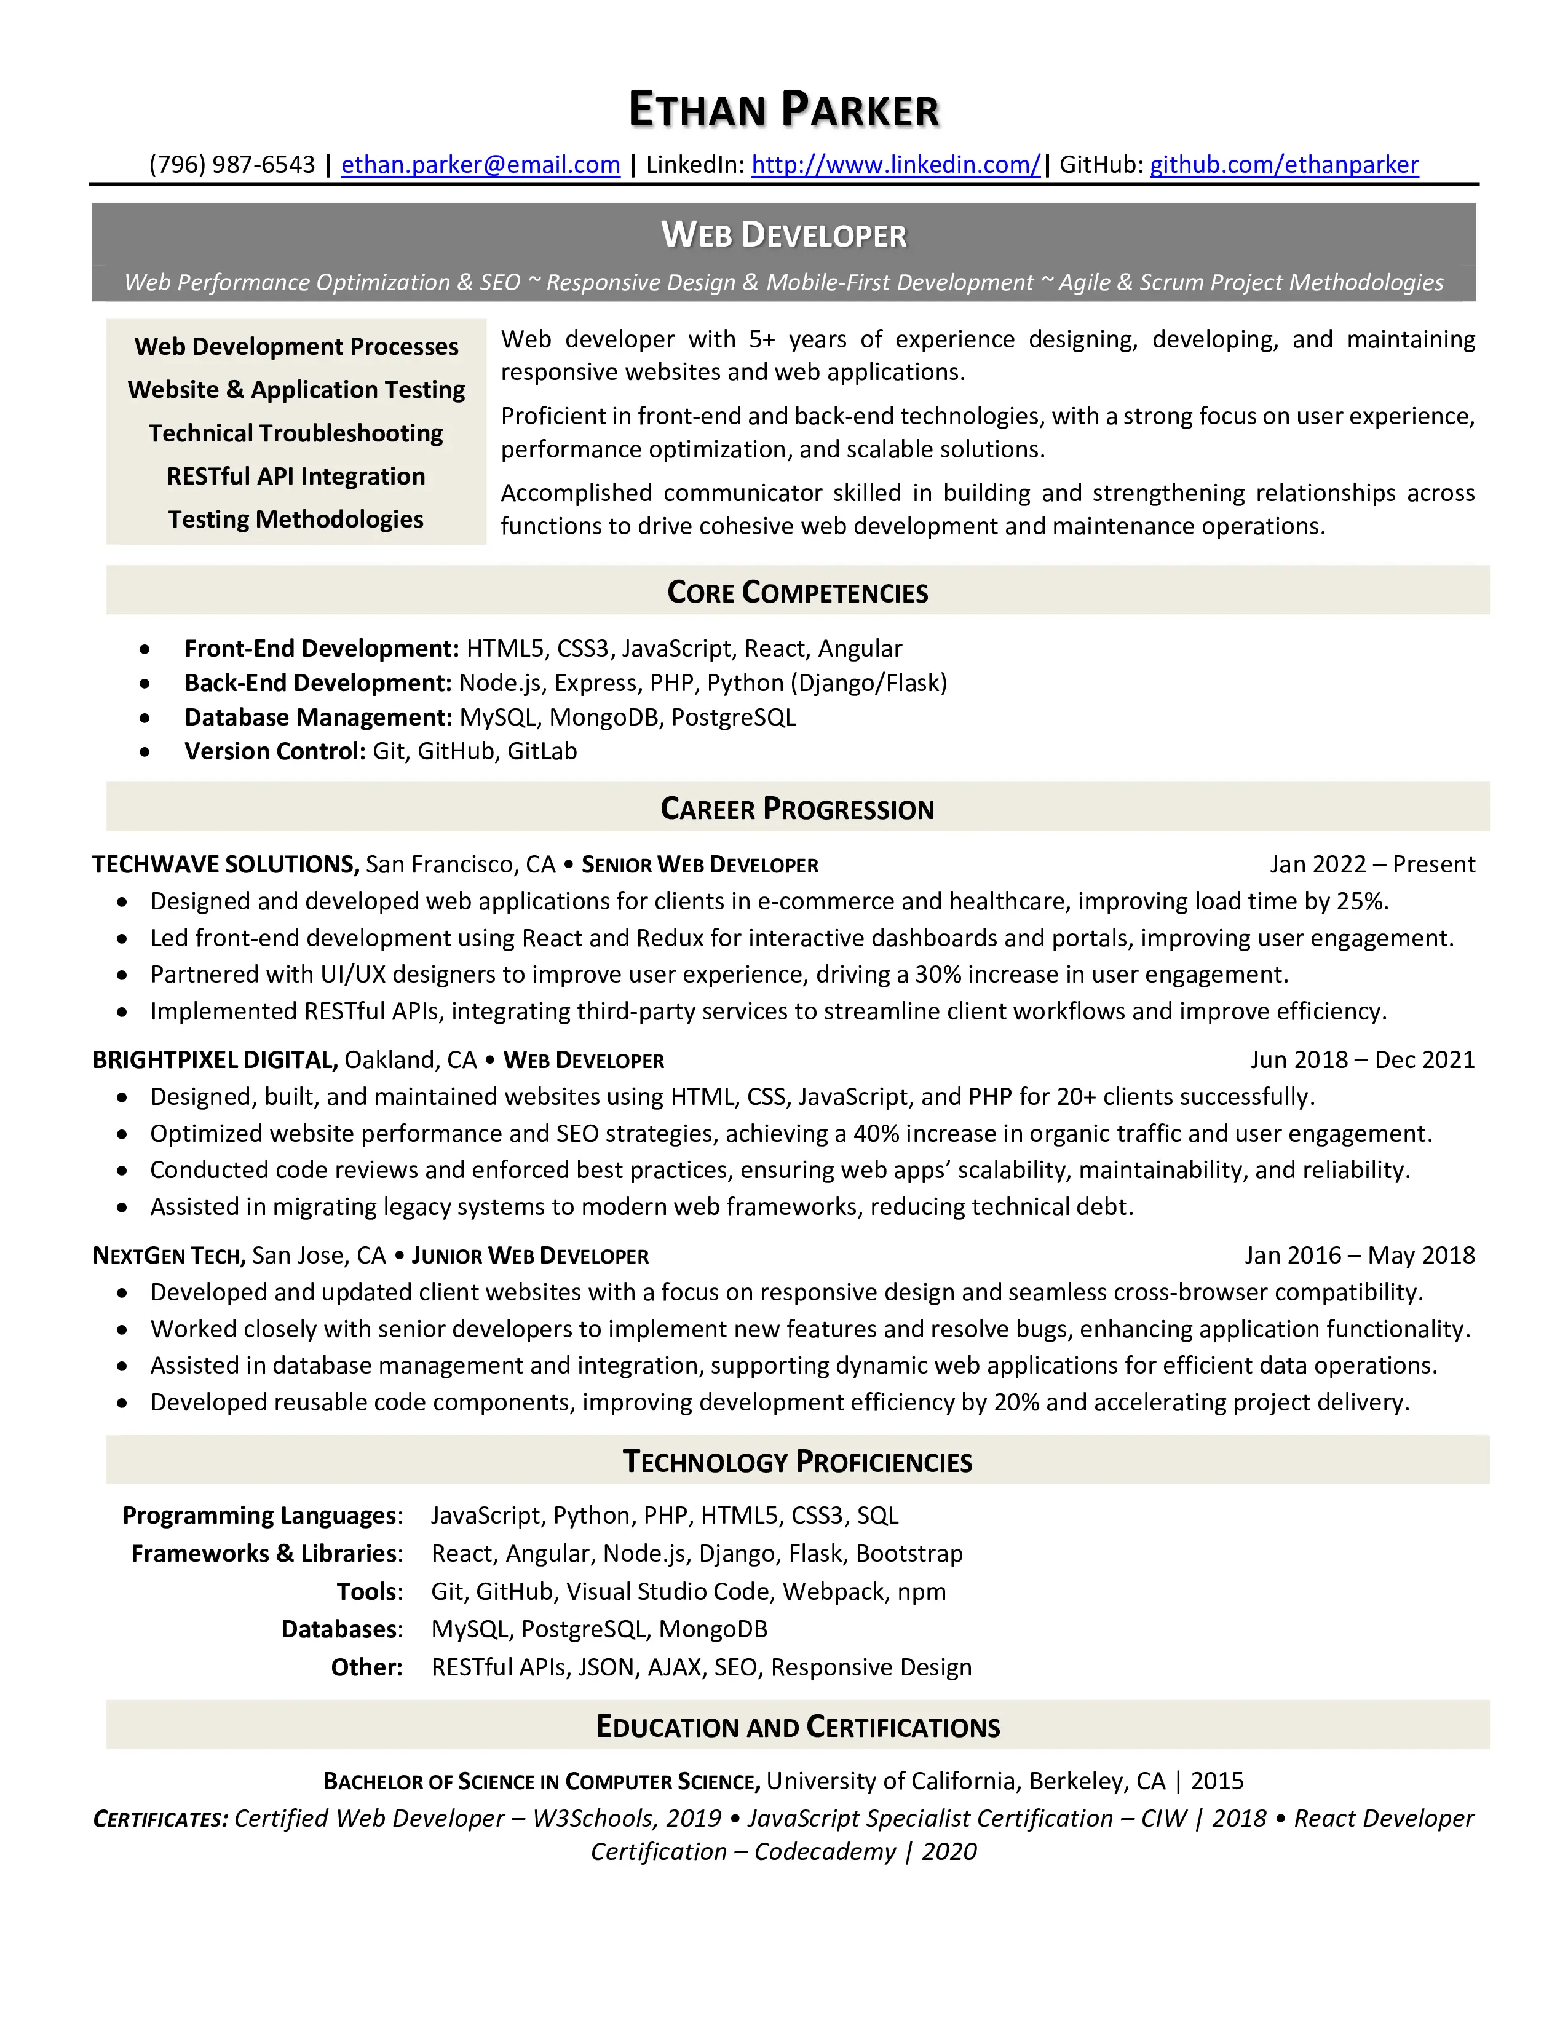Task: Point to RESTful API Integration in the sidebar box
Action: click(x=295, y=477)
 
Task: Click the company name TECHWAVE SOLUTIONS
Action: click(x=225, y=865)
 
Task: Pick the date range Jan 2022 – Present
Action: click(x=1372, y=865)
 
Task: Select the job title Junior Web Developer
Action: click(x=529, y=1256)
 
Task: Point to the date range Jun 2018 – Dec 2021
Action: click(x=1362, y=1060)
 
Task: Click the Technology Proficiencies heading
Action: click(x=797, y=1461)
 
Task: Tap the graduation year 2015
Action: click(x=1217, y=1781)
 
